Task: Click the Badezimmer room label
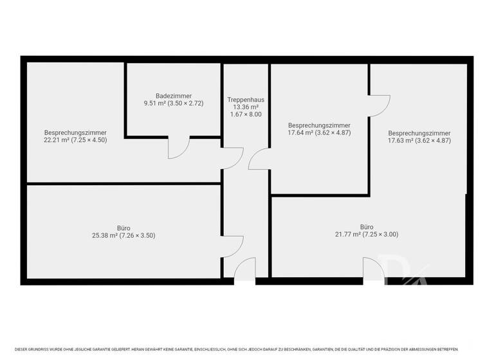174,96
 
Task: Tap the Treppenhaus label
246,100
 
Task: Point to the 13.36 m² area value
246,107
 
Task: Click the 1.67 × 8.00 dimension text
246,114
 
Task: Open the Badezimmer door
178,148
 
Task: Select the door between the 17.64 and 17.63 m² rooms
379,105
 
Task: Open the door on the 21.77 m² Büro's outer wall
374,269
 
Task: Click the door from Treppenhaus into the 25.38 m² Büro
233,246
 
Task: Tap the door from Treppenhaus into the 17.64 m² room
259,159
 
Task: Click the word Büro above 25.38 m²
123,228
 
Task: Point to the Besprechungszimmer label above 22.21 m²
75,132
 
